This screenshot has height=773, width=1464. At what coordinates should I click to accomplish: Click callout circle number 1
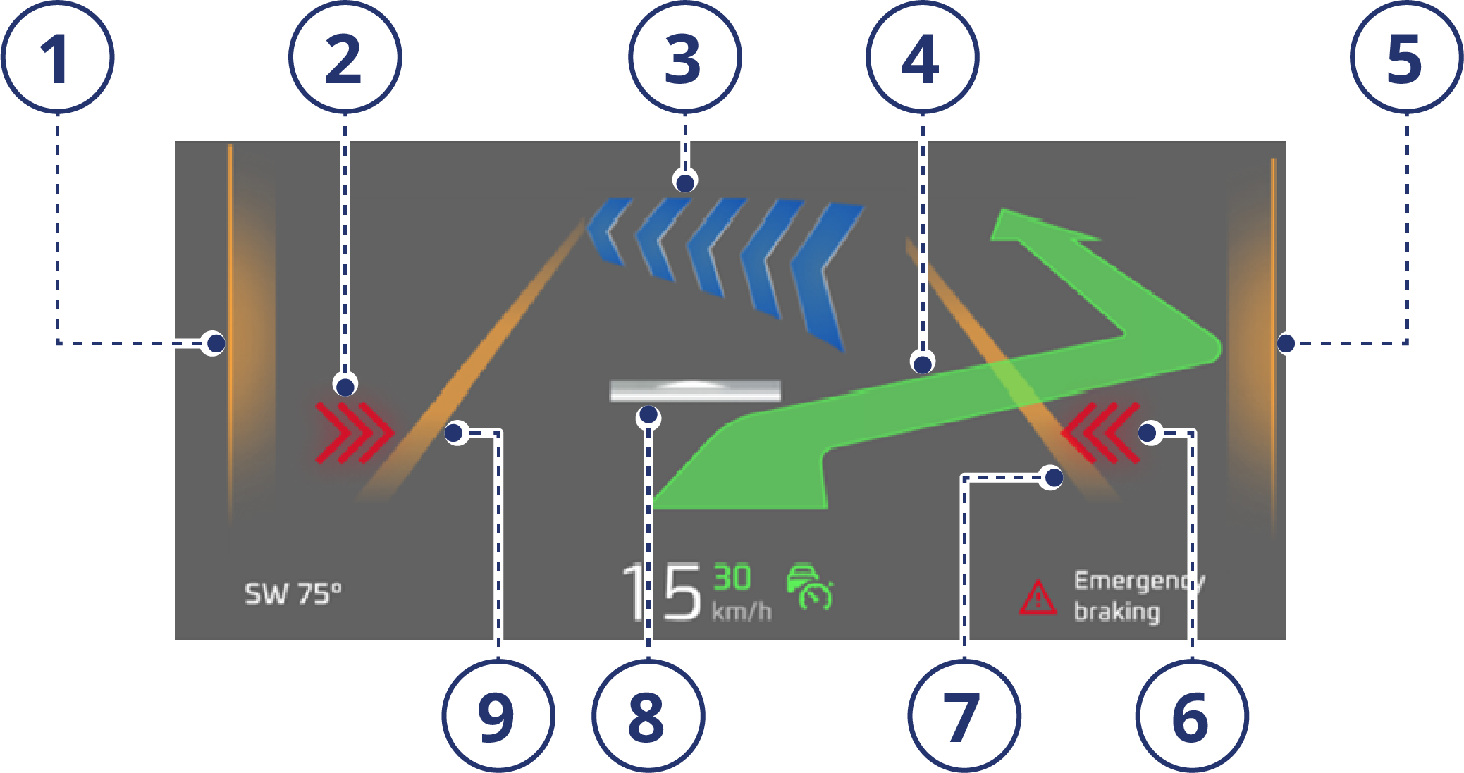(57, 57)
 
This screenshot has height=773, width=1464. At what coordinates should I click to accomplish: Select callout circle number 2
(345, 57)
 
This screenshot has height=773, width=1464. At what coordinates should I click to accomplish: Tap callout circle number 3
(684, 57)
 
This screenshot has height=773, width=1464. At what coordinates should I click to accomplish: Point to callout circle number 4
(922, 57)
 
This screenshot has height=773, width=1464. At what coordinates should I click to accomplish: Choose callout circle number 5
(1406, 57)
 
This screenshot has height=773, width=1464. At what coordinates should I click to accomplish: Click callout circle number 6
(1191, 717)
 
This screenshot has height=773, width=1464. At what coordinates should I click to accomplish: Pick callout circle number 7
(964, 717)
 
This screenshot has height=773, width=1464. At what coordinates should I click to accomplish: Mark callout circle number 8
(648, 717)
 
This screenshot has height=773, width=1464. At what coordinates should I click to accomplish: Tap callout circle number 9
(498, 717)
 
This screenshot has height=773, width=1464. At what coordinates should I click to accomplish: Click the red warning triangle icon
(1038, 598)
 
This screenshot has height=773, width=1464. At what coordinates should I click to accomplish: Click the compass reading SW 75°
(293, 594)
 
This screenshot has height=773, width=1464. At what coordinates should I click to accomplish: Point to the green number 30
(732, 578)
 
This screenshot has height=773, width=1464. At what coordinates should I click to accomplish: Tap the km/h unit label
(742, 611)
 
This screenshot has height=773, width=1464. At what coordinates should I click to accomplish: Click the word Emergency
(1138, 581)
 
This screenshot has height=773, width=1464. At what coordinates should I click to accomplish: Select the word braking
(1117, 611)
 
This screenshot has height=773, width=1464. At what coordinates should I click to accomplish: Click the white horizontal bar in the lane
(695, 390)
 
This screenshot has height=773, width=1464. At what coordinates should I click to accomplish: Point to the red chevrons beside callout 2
(352, 432)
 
